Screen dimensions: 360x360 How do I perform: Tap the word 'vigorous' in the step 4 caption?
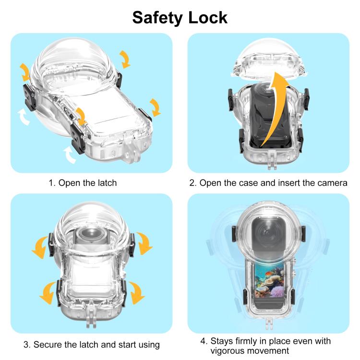pyautogui.click(x=228, y=351)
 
